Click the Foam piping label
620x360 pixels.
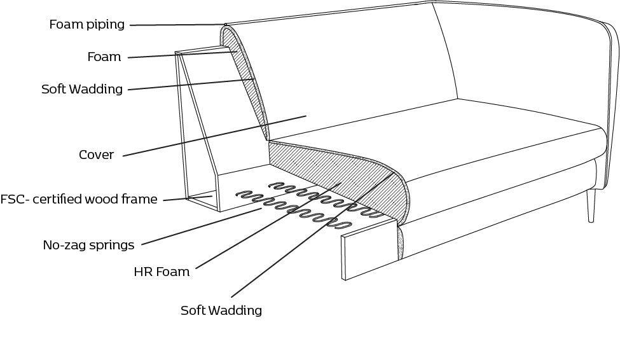pyautogui.click(x=87, y=25)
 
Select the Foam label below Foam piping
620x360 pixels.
pyautogui.click(x=104, y=57)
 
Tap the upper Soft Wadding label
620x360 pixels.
pyautogui.click(x=82, y=89)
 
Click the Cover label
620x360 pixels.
pyautogui.click(x=96, y=155)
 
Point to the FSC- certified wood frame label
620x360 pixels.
pyautogui.click(x=78, y=200)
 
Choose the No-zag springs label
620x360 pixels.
pyautogui.click(x=88, y=245)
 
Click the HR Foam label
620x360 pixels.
pyautogui.click(x=162, y=272)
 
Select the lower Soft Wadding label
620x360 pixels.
pyautogui.click(x=221, y=311)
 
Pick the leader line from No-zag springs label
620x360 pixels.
pyautogui.click(x=203, y=227)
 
